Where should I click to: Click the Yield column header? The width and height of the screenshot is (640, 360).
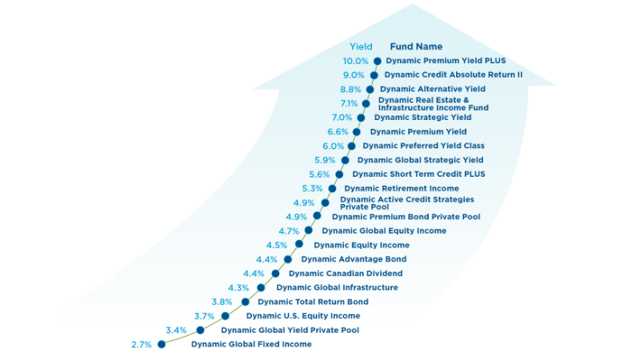[361, 46]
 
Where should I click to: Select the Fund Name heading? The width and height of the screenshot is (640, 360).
[416, 46]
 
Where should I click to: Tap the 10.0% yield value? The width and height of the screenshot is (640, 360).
[355, 61]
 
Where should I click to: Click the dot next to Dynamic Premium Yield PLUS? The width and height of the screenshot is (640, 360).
[377, 62]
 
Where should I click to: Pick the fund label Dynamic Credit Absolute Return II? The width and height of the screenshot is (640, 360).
[454, 74]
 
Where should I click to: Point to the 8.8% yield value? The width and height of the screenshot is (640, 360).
[350, 90]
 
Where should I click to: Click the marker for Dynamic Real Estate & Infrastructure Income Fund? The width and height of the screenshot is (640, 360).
[366, 104]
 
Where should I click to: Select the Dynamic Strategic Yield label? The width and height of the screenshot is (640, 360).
[423, 118]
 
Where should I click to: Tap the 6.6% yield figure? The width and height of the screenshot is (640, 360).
[338, 132]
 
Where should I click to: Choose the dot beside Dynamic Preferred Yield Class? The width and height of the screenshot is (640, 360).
[351, 146]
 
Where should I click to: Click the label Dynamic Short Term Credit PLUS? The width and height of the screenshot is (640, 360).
[418, 174]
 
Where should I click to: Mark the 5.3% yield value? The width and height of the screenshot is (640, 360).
[312, 189]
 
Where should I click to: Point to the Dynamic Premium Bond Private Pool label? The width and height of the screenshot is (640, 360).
[406, 217]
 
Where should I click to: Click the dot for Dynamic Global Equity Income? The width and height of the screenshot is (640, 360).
[309, 230]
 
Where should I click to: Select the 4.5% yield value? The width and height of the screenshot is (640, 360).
[277, 246]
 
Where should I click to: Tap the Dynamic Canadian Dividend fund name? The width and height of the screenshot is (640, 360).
[346, 274]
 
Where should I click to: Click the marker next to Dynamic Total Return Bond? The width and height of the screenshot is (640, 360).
[246, 302]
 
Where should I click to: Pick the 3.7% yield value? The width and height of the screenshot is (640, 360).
[205, 316]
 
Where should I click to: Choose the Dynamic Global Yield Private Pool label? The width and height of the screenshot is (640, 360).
[290, 330]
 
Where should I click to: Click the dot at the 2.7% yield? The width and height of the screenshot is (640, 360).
[162, 345]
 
